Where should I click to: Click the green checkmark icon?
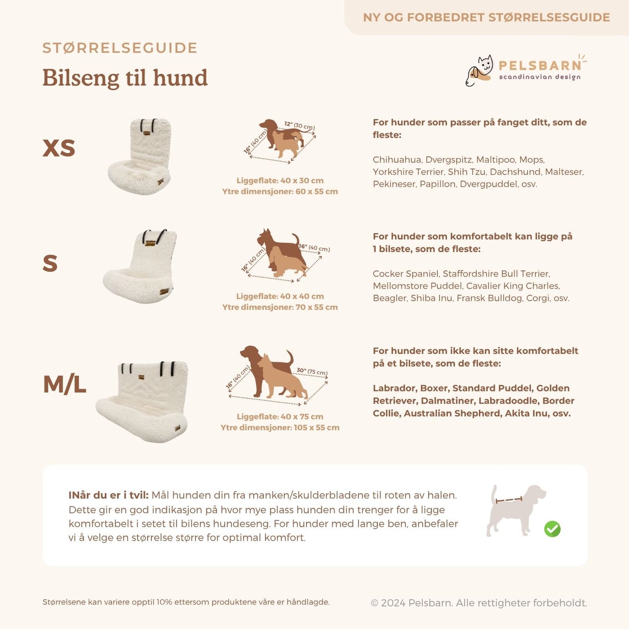(552, 529)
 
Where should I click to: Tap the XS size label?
(59, 148)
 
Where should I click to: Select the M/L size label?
(64, 384)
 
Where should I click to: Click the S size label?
(50, 263)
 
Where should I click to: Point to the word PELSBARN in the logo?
(540, 66)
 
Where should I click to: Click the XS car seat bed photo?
(140, 157)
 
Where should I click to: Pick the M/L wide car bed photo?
(143, 400)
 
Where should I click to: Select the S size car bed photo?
(141, 266)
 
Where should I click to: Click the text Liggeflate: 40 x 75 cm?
(280, 417)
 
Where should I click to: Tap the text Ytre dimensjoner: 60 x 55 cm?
(280, 192)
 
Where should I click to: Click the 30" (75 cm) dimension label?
(312, 371)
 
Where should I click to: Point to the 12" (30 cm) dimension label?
(299, 125)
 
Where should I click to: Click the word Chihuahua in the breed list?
(397, 160)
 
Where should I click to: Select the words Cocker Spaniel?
(406, 274)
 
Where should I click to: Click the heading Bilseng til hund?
(125, 78)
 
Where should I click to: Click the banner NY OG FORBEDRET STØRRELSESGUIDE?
(486, 17)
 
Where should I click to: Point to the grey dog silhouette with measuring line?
(515, 509)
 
